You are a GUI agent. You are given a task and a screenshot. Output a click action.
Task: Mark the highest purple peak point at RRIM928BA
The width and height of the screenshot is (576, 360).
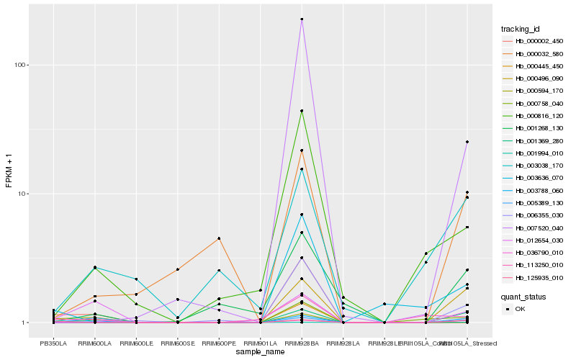tap(302, 19)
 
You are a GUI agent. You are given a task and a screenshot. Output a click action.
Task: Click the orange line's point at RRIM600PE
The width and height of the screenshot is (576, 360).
tap(219, 238)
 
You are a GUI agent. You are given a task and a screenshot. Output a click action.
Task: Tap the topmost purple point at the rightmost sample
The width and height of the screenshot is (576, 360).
tap(467, 142)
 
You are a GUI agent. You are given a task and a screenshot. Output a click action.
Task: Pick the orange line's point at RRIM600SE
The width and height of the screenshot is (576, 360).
tap(178, 269)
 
